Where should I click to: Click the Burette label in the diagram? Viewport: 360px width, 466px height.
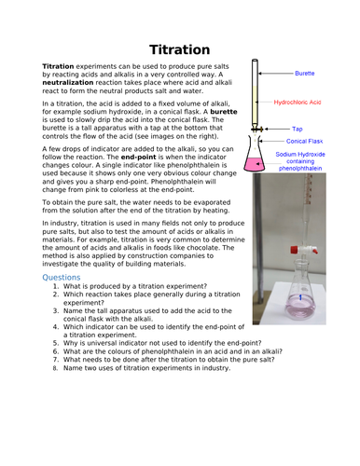[304, 72]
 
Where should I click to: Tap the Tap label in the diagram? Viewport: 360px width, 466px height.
[298, 129]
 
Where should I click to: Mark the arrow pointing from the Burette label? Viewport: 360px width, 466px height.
[277, 73]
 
